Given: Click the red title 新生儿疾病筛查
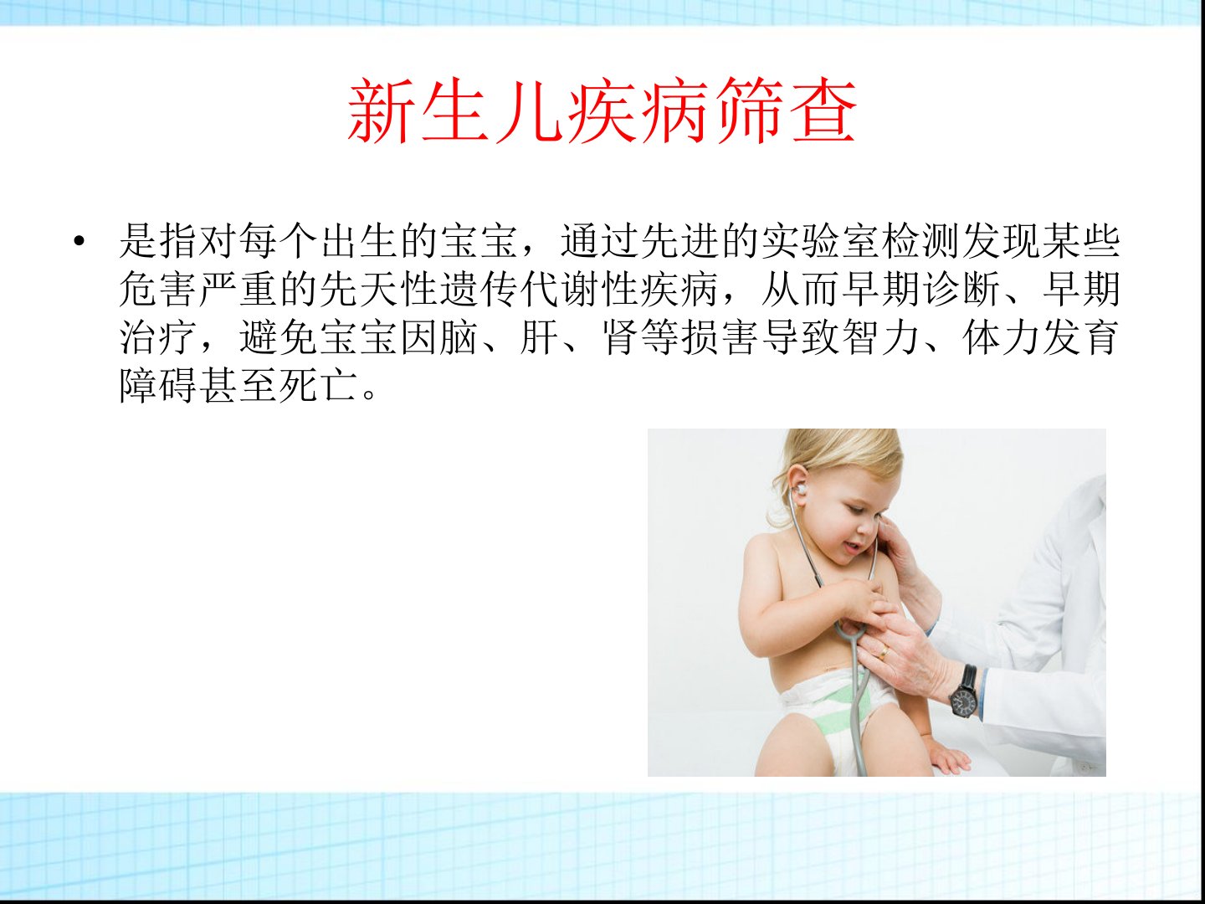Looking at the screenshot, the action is (602, 110).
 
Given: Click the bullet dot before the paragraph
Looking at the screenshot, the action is (79, 241).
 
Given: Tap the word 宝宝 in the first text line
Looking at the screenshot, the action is (480, 241).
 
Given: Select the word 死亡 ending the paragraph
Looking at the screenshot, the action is (320, 385).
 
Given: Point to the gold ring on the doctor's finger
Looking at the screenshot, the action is (883, 653).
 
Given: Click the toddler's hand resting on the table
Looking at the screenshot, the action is (946, 760).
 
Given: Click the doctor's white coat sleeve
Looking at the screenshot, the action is (1032, 659).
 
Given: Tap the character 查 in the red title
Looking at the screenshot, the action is (824, 110).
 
